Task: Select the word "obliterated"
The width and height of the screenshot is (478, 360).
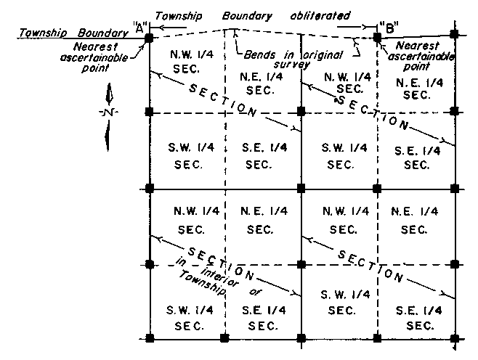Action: click(x=319, y=15)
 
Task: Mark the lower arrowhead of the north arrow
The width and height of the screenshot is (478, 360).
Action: click(x=108, y=139)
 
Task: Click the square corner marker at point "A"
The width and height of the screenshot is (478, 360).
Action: click(x=149, y=36)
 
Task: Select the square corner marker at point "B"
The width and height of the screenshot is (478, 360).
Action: click(x=377, y=36)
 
